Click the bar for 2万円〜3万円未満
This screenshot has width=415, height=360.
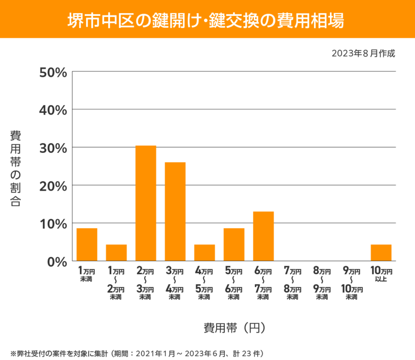point(146,203)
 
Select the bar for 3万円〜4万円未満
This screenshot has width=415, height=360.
point(175,211)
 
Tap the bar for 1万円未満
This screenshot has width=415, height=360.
point(87,244)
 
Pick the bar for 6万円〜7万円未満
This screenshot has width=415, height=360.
point(263,236)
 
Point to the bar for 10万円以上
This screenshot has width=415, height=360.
point(381,253)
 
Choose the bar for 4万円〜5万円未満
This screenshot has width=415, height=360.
point(205,253)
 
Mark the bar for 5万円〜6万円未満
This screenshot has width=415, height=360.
point(234,244)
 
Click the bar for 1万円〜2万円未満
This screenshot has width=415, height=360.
point(116,253)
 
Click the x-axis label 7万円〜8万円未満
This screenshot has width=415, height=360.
point(293,283)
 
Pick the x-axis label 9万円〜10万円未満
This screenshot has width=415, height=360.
point(352,283)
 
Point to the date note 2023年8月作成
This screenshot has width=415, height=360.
point(363,53)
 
